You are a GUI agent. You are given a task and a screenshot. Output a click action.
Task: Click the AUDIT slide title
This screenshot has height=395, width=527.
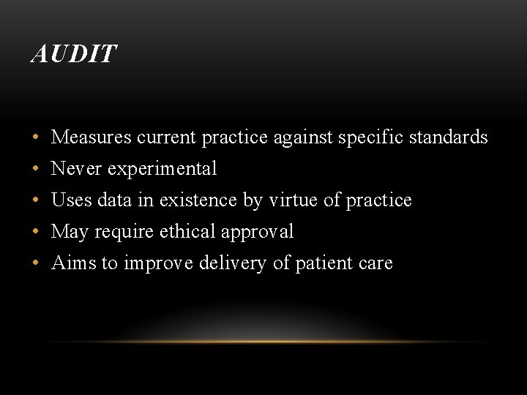(73, 54)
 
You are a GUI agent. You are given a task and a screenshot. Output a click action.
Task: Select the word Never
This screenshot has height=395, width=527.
(77, 168)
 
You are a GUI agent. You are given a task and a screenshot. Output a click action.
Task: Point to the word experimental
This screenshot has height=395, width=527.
(162, 169)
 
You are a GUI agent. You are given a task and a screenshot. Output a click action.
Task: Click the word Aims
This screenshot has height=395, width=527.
(73, 263)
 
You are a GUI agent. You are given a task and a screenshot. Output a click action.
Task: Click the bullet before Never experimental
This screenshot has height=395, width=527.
(36, 169)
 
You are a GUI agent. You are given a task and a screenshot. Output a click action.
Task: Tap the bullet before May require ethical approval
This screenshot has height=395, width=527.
(36, 232)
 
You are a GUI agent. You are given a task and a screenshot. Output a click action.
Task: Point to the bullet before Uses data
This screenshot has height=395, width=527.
(36, 200)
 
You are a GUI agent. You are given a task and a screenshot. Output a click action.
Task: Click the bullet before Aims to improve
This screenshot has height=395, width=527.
(36, 263)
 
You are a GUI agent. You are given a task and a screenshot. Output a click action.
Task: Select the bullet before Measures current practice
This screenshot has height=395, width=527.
(36, 138)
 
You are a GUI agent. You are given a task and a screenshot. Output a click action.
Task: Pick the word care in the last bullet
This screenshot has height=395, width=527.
(376, 263)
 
